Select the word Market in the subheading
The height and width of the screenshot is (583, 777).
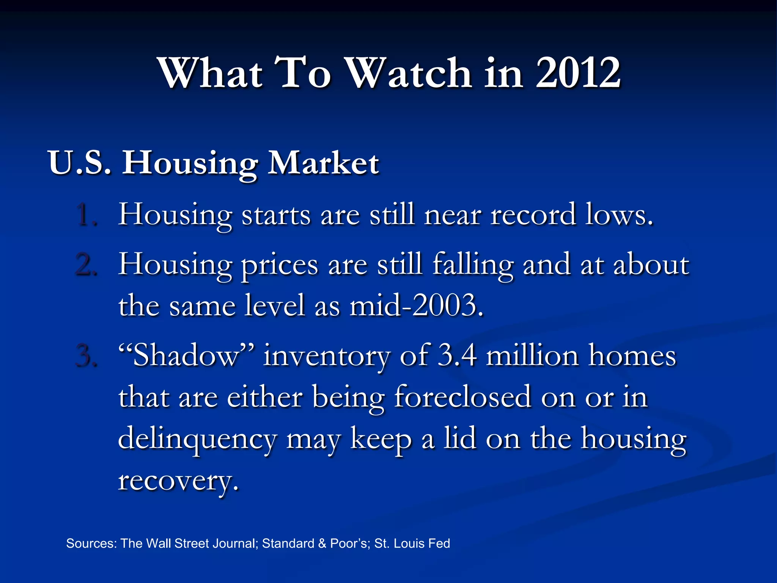(x=323, y=163)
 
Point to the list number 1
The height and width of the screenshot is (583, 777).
(x=87, y=215)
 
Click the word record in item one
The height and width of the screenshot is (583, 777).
(x=533, y=215)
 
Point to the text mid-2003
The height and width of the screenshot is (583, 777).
(x=417, y=306)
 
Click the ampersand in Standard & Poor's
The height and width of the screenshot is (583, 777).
(x=322, y=544)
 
